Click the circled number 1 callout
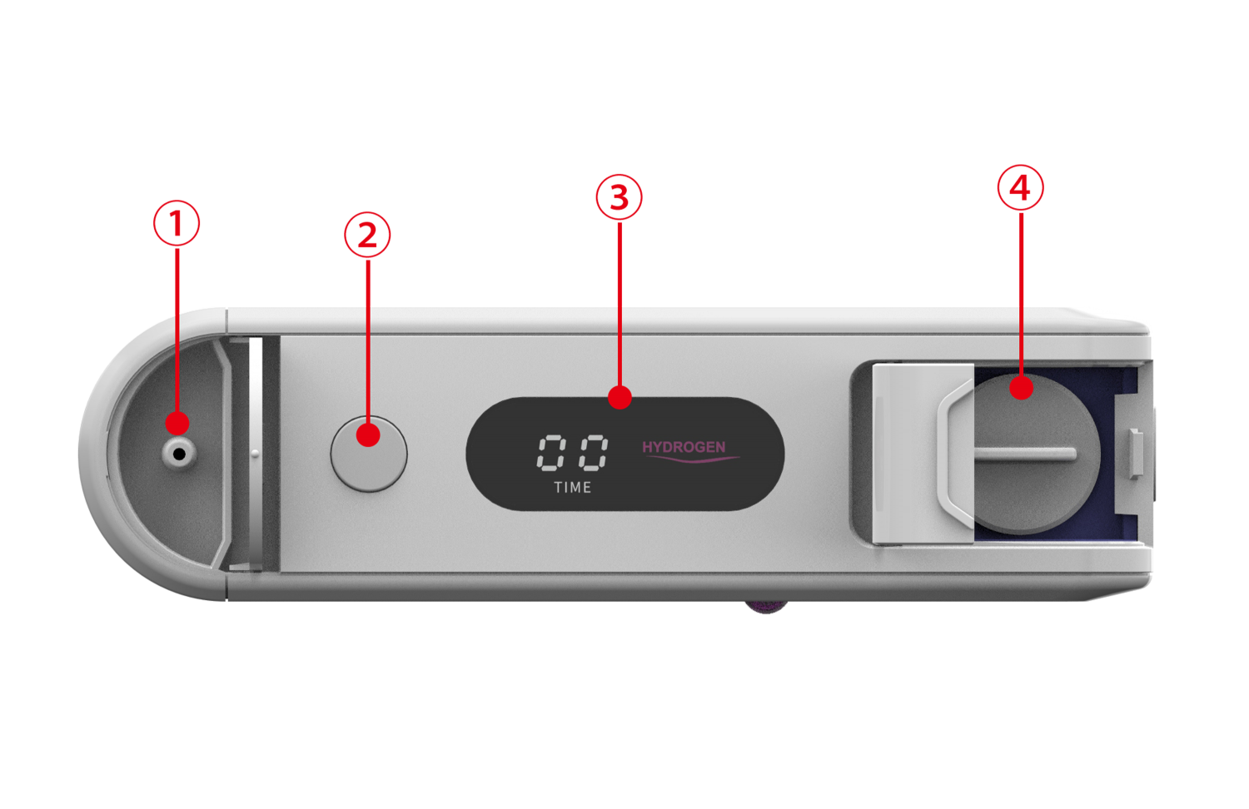pos(177,223)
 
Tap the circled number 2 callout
pos(367,235)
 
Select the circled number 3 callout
pos(619,197)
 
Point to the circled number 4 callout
pos(1020,188)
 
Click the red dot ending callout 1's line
pos(177,424)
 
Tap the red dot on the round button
pos(368,434)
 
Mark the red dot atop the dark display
pos(620,397)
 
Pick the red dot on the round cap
pos(1021,388)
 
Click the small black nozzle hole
pos(179,454)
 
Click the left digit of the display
pos(551,453)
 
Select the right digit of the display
pos(593,453)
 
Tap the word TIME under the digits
pos(573,488)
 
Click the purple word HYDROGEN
pos(684,447)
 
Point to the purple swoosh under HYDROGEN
pos(693,459)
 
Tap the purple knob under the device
pos(766,608)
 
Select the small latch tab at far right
pos(1135,454)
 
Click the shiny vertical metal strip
pos(256,454)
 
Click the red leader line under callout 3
pos(620,304)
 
